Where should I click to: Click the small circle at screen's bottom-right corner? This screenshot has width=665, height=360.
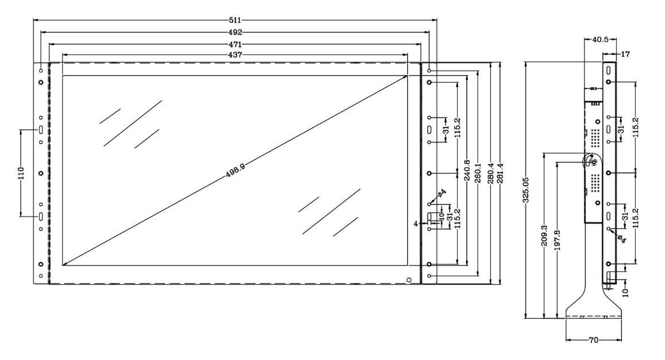pos(409,280)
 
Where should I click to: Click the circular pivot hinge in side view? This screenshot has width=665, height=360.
pos(592,162)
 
